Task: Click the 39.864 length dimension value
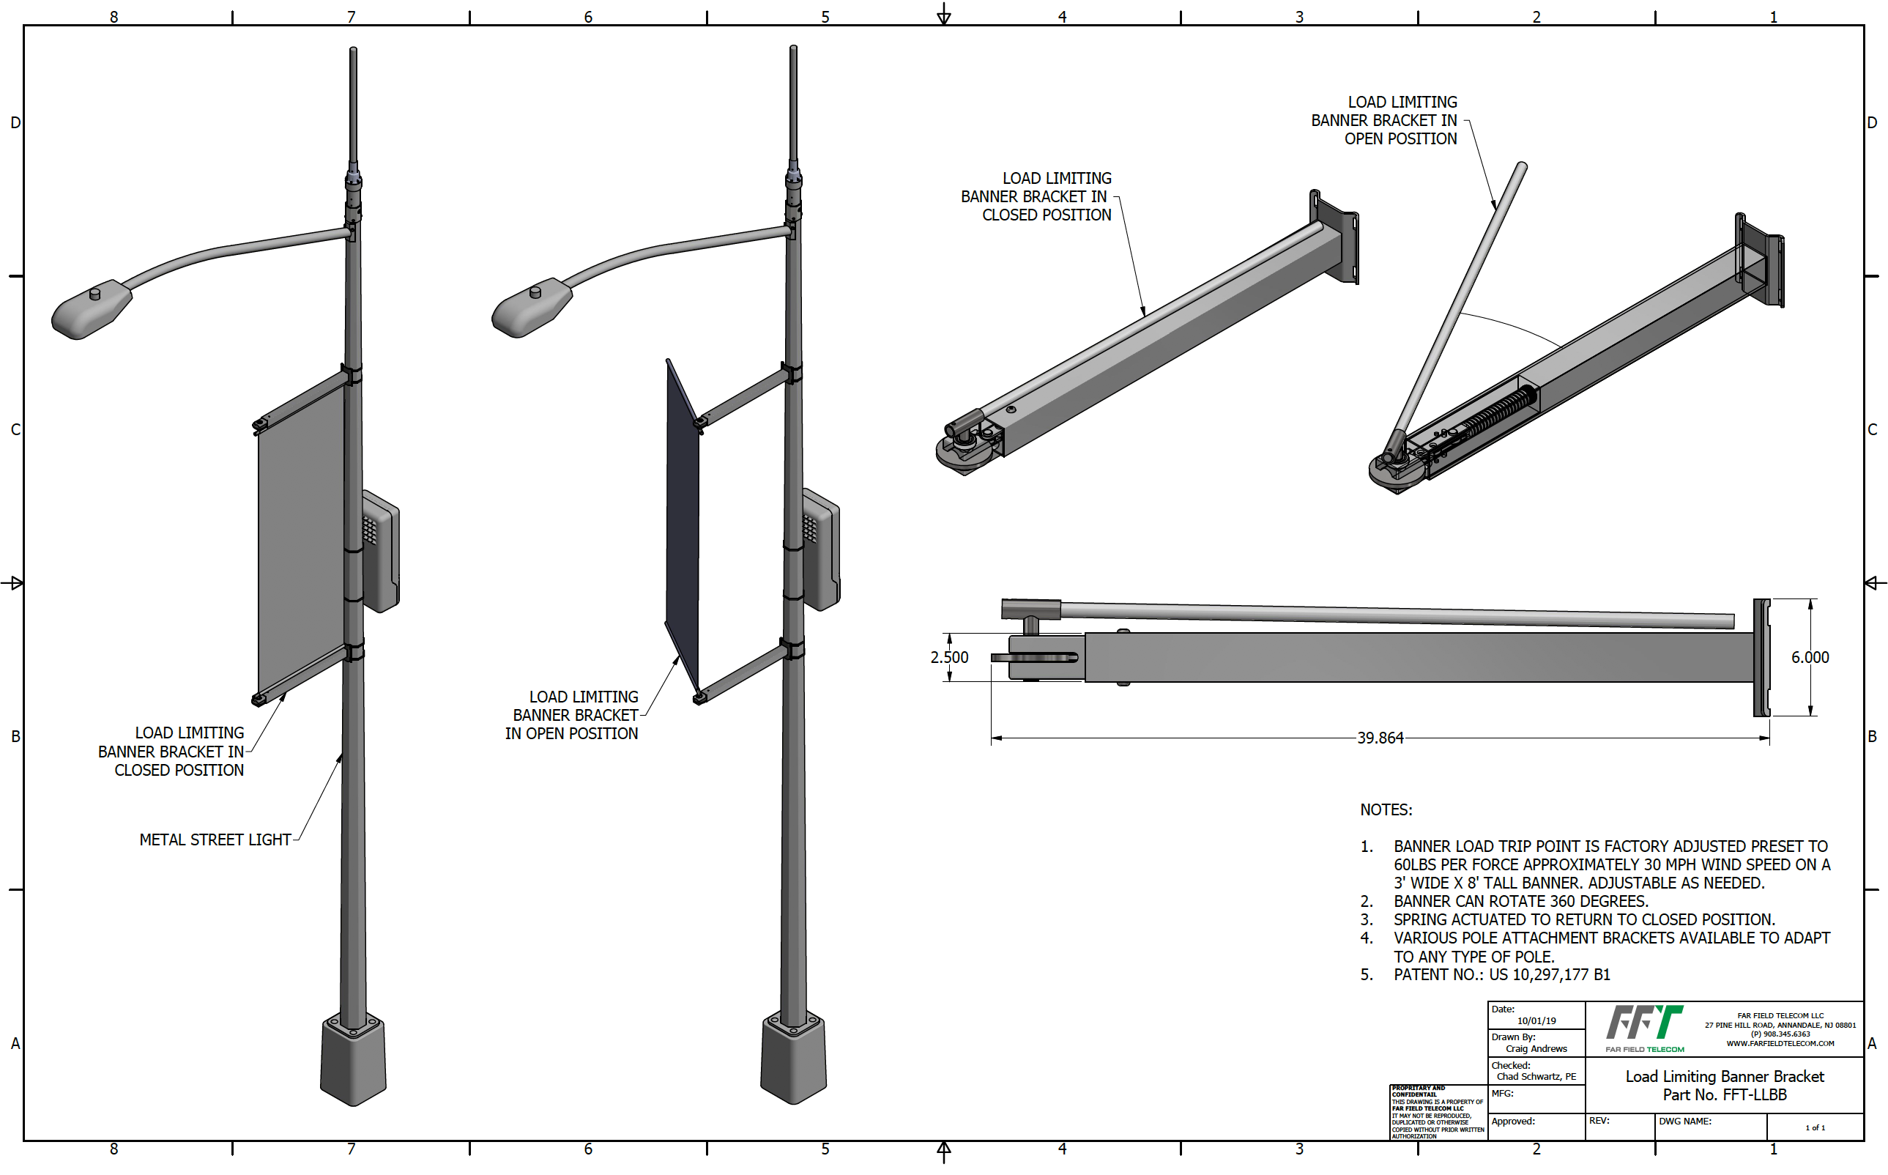click(1380, 738)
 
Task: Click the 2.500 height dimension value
click(949, 657)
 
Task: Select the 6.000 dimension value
click(1810, 657)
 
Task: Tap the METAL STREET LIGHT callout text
click(215, 839)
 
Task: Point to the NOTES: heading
click(1386, 809)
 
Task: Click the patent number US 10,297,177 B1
click(1549, 974)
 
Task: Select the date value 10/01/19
click(1536, 1020)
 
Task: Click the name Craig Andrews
click(1536, 1048)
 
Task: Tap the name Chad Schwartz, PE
click(1536, 1076)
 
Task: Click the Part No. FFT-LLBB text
click(1724, 1094)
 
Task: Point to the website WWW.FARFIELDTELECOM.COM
click(1780, 1043)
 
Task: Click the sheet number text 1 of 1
click(1815, 1127)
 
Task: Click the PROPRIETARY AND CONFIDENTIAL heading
click(1419, 1091)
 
